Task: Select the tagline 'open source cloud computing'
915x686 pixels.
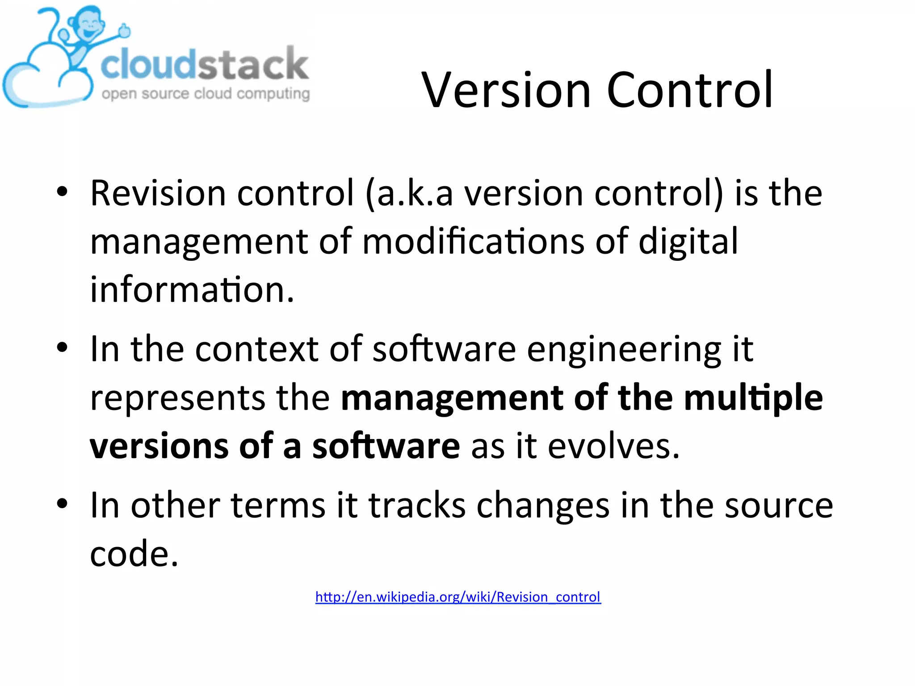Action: tap(206, 94)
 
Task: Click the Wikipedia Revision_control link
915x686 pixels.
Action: tap(458, 597)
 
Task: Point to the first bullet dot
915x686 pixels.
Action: tap(62, 192)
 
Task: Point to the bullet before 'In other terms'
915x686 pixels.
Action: tap(62, 504)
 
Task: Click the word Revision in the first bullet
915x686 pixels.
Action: tap(158, 193)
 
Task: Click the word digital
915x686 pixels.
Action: tap(688, 242)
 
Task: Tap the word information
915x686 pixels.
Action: tap(192, 290)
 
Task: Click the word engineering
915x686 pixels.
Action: tap(624, 349)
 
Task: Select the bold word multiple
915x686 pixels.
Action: tap(753, 397)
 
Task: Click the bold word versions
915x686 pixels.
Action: tap(159, 446)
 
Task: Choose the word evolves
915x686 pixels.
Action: tap(613, 446)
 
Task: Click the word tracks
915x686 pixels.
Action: tap(417, 505)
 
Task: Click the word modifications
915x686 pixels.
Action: tap(473, 242)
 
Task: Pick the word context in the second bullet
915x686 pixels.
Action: tap(256, 349)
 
